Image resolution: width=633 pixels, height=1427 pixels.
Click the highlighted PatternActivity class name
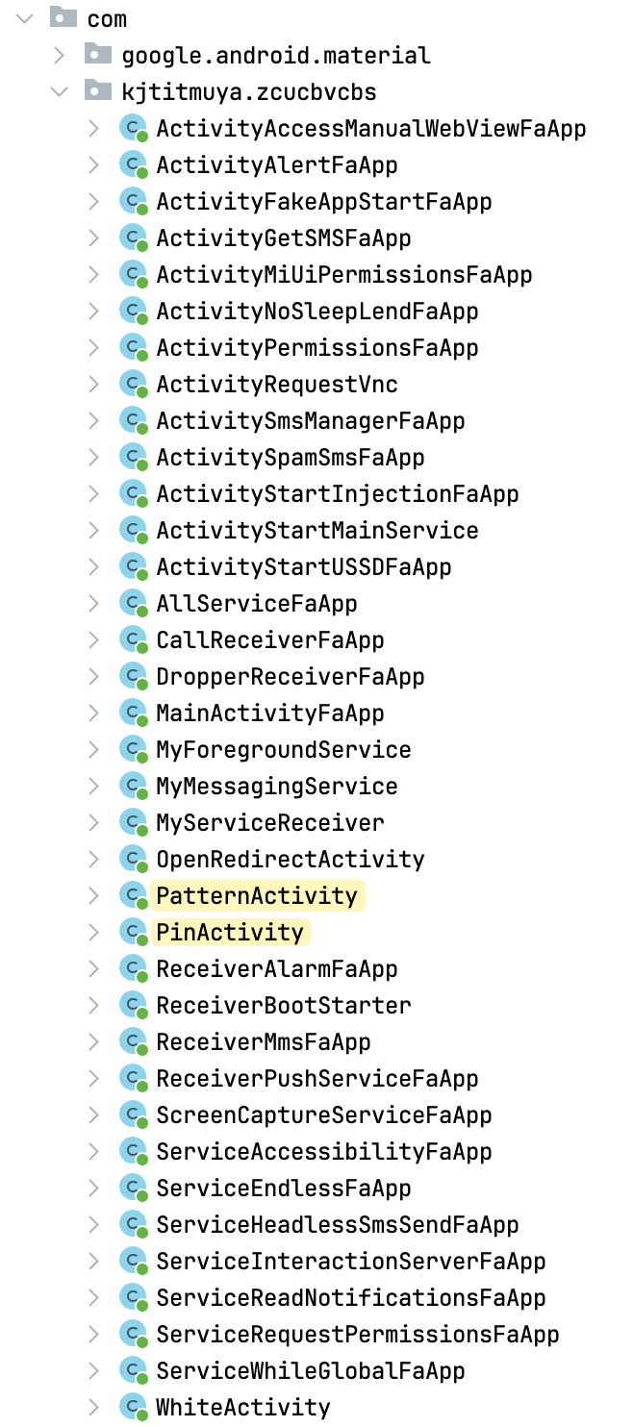pos(257,895)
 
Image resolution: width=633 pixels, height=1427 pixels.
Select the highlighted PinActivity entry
pos(230,932)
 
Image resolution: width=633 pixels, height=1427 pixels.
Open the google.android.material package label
pos(276,56)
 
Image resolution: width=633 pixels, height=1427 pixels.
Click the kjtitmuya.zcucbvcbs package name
pos(249,92)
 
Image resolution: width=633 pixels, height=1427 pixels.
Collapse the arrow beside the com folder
pos(25,18)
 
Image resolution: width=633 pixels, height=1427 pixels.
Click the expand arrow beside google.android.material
pos(60,56)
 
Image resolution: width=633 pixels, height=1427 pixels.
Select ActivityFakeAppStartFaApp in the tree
pos(324,202)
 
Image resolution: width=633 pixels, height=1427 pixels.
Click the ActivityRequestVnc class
pos(277,384)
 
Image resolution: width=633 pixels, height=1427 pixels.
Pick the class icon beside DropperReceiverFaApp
pos(133,676)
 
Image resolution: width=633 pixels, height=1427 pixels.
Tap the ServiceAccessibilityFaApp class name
pos(324,1151)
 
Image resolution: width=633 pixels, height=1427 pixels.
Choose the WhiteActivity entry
pos(243,1407)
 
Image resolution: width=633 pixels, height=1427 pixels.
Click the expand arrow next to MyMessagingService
pos(93,787)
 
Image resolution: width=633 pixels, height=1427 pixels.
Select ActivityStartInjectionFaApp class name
pos(338,493)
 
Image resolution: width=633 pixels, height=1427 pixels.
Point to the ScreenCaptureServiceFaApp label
pos(324,1114)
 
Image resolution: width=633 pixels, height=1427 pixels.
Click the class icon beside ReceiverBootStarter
pos(133,1005)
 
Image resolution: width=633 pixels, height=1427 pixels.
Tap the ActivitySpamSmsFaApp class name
pos(291,458)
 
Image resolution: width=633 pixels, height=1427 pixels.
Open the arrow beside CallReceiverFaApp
pos(93,640)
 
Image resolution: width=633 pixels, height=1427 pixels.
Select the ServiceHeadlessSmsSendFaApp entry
pos(338,1224)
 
